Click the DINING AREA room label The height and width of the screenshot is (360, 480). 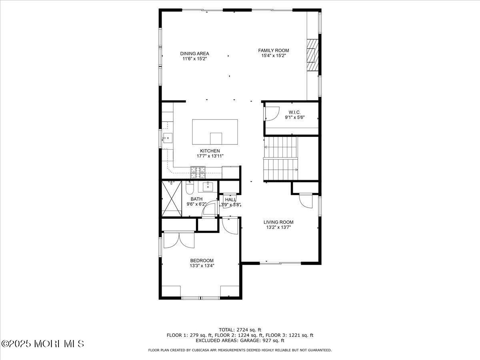pyautogui.click(x=194, y=54)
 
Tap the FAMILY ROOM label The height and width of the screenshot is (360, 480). pyautogui.click(x=273, y=50)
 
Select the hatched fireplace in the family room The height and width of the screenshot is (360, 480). pyautogui.click(x=312, y=55)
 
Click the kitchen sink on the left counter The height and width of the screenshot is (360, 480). pyautogui.click(x=167, y=139)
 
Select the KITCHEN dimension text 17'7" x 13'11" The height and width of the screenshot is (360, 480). pyautogui.click(x=210, y=156)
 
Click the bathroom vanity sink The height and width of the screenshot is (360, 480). pyautogui.click(x=208, y=186)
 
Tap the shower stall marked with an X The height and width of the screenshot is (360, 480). pyautogui.click(x=172, y=198)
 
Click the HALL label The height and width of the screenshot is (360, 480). pyautogui.click(x=230, y=200)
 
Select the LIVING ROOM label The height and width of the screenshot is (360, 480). pyautogui.click(x=278, y=222)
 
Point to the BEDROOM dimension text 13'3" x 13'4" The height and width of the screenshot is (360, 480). pyautogui.click(x=202, y=266)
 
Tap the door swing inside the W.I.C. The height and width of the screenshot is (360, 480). pyautogui.click(x=271, y=114)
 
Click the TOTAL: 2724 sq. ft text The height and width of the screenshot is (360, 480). pyautogui.click(x=240, y=330)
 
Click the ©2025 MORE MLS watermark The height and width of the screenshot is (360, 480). pyautogui.click(x=42, y=344)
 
